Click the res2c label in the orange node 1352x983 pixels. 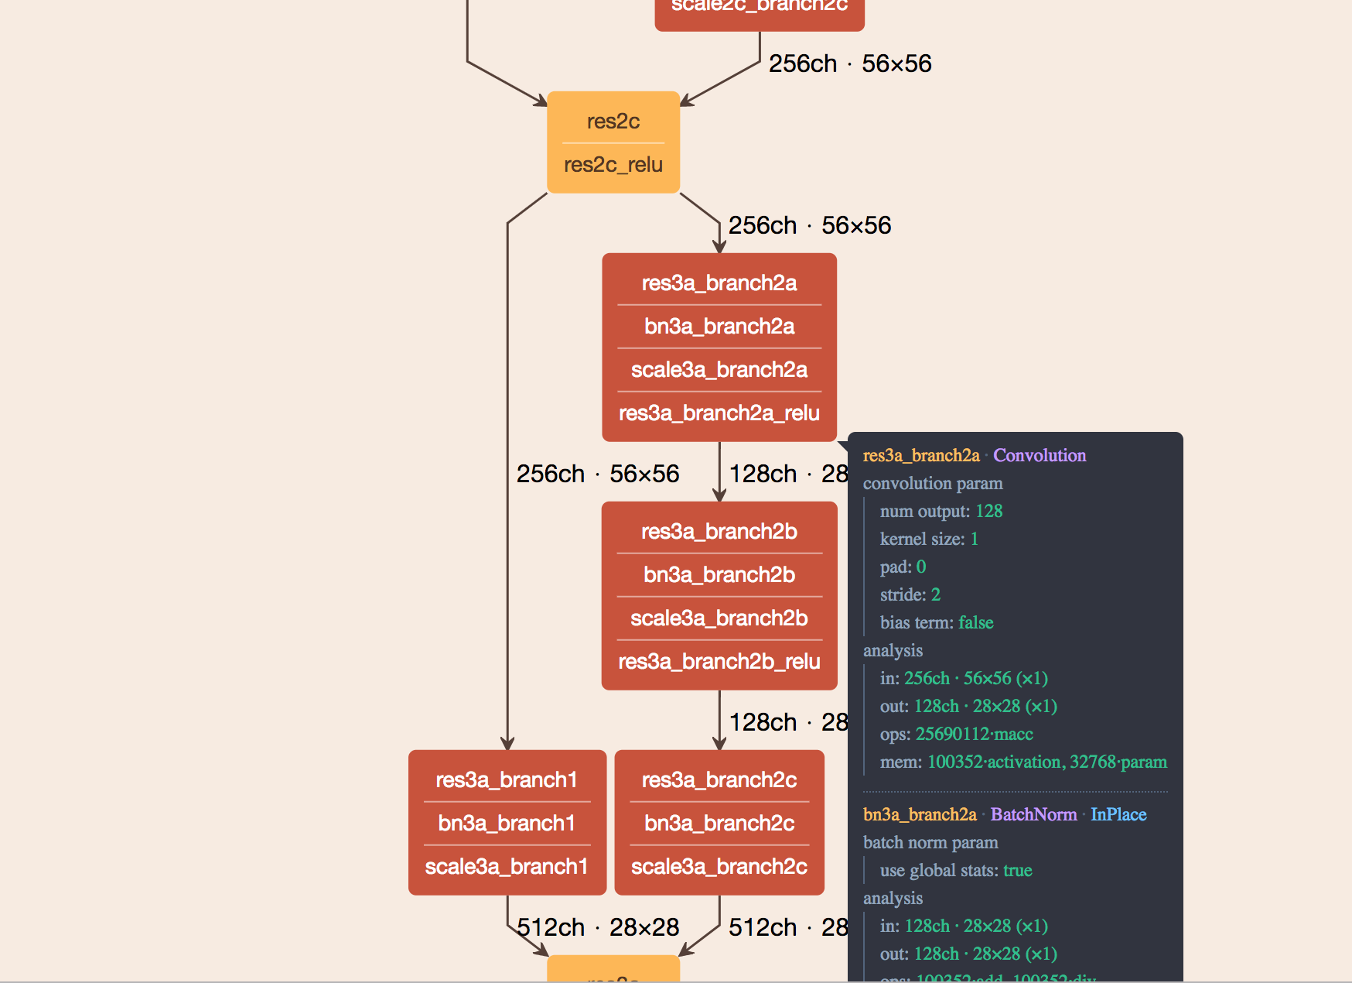(x=613, y=122)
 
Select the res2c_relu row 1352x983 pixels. (x=613, y=165)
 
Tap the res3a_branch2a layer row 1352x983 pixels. (x=719, y=283)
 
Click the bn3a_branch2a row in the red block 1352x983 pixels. (x=719, y=327)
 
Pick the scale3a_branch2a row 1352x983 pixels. (x=719, y=370)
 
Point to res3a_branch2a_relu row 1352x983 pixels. (x=719, y=413)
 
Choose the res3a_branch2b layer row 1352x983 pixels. (x=719, y=532)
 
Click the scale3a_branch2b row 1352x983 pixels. (x=719, y=618)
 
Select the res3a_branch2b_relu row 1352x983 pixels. (x=719, y=662)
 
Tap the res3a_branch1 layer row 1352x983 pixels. (x=507, y=780)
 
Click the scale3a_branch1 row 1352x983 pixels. (x=507, y=867)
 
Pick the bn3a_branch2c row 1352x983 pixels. (x=719, y=824)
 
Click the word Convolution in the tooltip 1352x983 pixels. (x=1039, y=456)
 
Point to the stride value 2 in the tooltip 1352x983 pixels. (x=935, y=595)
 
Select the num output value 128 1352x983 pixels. (x=988, y=512)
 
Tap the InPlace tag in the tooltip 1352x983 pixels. (x=1118, y=815)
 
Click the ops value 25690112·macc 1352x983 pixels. (x=974, y=735)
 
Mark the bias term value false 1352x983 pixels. (x=975, y=623)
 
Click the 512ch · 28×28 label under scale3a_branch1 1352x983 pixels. (x=598, y=927)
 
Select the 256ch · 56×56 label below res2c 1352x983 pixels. (x=809, y=226)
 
